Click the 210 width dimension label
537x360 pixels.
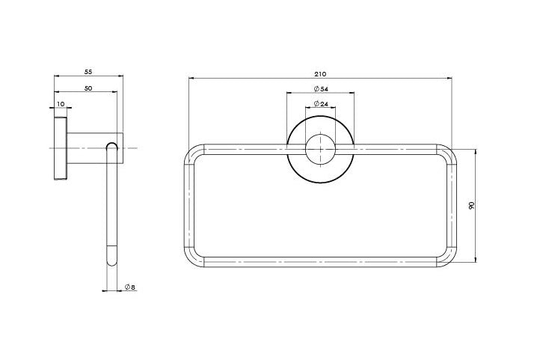320,73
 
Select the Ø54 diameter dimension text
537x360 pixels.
321,89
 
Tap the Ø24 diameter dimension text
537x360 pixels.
321,103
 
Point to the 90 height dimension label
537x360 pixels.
472,206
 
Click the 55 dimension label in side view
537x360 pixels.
88,72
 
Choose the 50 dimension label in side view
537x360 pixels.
88,88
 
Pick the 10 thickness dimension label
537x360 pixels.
61,104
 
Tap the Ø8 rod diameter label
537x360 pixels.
130,287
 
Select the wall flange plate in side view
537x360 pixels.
61,148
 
